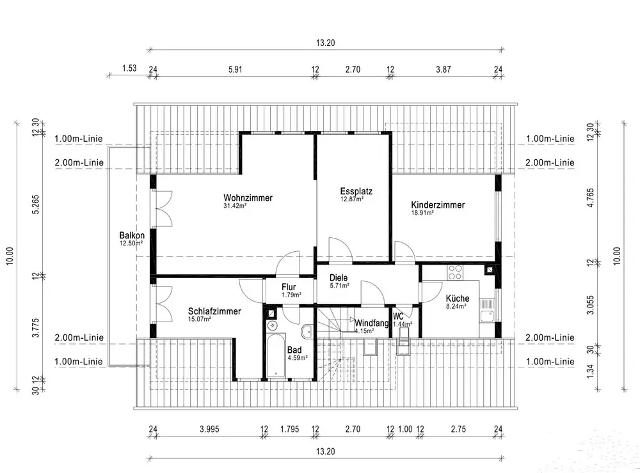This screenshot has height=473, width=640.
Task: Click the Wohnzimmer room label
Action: point(248,198)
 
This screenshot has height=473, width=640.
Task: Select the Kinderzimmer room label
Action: point(438,205)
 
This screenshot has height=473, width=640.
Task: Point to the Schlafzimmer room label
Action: point(214,311)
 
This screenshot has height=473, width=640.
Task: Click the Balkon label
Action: point(131,235)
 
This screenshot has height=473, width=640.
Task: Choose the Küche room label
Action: point(458,299)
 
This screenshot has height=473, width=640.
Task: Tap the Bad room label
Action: point(294,350)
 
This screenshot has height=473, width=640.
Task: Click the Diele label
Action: point(339,278)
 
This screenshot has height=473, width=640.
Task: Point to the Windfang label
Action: point(372,323)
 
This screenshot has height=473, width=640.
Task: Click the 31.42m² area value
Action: point(236,206)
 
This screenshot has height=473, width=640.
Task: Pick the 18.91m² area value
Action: point(422,213)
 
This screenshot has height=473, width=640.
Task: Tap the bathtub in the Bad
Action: point(276,355)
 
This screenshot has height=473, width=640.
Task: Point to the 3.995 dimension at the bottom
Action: point(209,429)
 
